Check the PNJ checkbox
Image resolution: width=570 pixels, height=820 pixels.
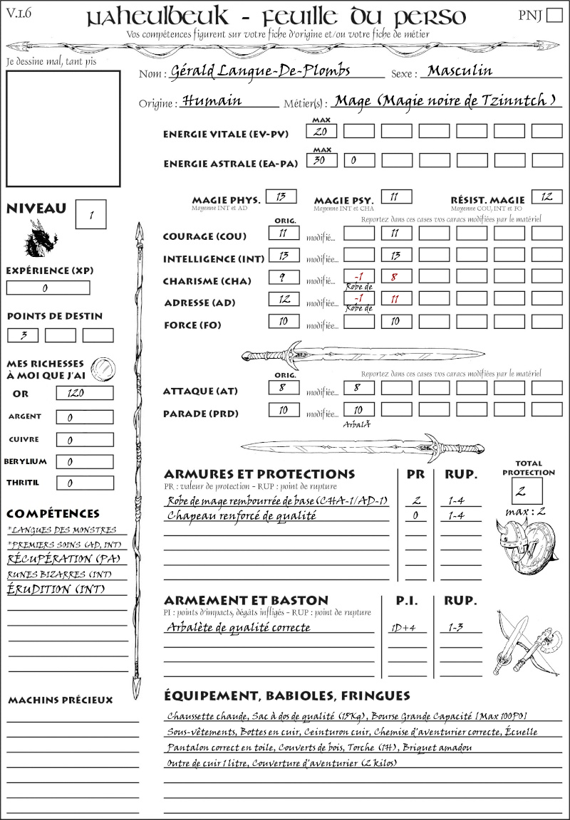point(553,16)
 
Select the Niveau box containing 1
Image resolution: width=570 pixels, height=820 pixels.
point(92,214)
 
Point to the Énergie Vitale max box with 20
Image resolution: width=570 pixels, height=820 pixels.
point(321,132)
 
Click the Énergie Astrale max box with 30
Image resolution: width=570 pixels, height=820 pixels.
point(321,161)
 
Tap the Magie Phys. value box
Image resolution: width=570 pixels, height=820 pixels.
point(281,197)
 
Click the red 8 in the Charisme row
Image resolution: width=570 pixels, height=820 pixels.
point(395,278)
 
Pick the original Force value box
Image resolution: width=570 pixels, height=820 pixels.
point(284,322)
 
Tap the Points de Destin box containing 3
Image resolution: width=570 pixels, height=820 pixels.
point(23,335)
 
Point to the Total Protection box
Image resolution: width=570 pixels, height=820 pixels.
point(527,491)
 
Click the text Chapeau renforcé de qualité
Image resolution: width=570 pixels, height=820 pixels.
point(242,516)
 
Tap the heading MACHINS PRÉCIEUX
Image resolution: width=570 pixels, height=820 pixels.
point(60,700)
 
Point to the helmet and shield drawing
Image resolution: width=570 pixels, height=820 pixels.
point(528,545)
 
